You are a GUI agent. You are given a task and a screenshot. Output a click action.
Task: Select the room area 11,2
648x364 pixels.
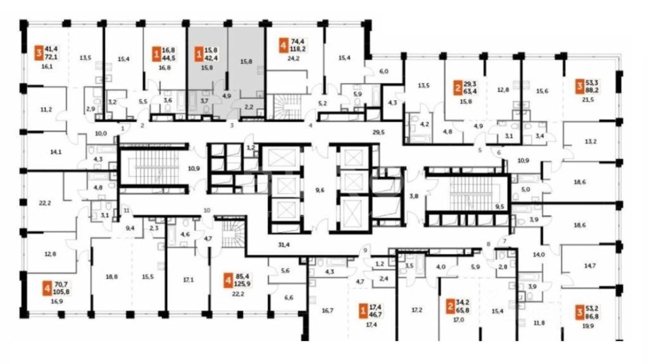46,109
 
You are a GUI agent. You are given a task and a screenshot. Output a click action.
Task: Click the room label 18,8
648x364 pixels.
111,277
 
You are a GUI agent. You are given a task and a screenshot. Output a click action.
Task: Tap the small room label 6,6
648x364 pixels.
289,298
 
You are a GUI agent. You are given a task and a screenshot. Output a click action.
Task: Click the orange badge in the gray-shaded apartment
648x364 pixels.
198,53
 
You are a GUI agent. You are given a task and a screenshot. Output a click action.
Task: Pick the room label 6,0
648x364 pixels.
384,72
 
